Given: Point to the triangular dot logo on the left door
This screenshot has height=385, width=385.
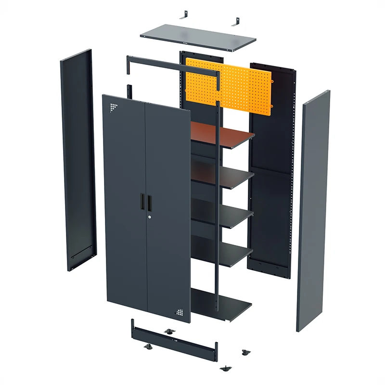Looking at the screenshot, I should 113,107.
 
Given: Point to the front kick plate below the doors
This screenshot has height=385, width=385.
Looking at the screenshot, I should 173,339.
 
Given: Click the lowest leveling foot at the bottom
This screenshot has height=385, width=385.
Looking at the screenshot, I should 225,369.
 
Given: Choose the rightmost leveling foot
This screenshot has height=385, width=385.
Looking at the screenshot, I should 246,353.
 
